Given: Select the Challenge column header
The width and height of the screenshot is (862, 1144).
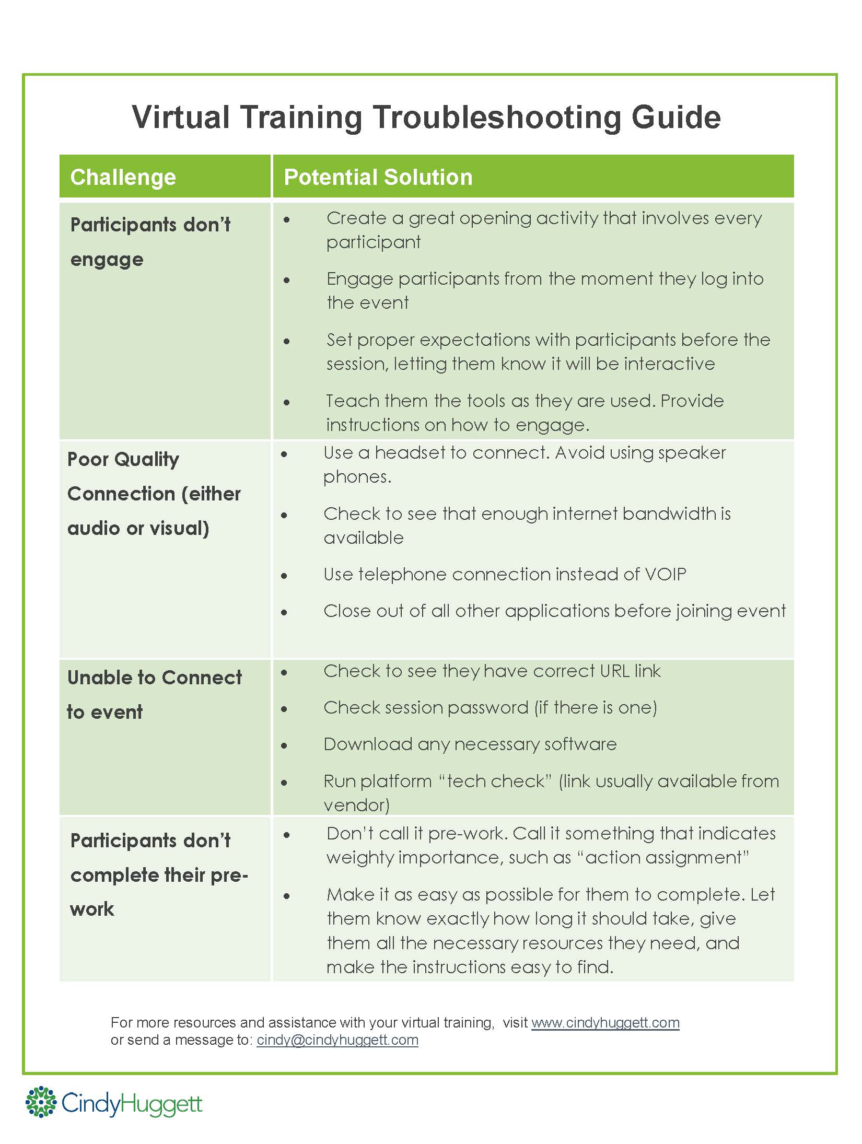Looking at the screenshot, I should [x=123, y=177].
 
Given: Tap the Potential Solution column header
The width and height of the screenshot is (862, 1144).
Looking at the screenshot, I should [x=378, y=177].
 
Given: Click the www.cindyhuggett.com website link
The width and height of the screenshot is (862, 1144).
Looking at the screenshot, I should [x=605, y=1022].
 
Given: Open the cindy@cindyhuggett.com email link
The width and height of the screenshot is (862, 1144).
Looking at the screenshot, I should [x=337, y=1040].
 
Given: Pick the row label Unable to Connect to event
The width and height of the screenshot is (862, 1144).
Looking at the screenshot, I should [x=154, y=694].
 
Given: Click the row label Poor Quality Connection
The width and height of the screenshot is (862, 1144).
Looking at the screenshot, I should [x=154, y=494].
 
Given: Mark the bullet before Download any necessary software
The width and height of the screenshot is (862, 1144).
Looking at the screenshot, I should [x=284, y=746].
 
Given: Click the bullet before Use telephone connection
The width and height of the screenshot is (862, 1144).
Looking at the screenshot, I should [x=284, y=576].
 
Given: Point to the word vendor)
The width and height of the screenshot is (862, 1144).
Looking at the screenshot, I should [x=356, y=805].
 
